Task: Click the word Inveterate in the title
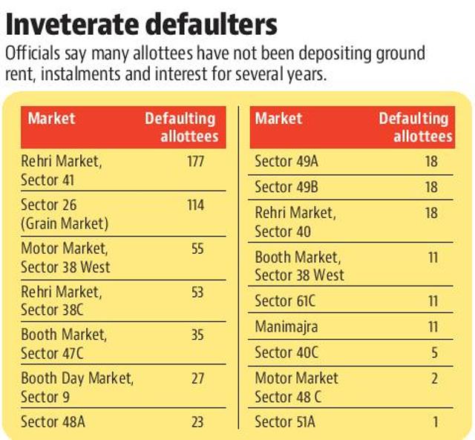tap(73, 24)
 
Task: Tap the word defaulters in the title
tap(211, 24)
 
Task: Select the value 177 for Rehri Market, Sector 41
tap(195, 161)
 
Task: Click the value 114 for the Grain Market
tap(195, 206)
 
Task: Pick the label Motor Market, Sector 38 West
tap(65, 257)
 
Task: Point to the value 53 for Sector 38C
tap(197, 292)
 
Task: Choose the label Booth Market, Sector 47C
tap(64, 344)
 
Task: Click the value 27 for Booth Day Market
tap(197, 379)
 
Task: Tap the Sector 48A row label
tap(53, 422)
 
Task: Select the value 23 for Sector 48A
tap(197, 422)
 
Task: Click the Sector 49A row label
tap(286, 161)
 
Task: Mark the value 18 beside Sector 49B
tap(431, 187)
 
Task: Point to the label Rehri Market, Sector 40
tap(295, 222)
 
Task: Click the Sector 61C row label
tap(285, 301)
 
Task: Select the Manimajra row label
tap(286, 327)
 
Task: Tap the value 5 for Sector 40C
tap(434, 352)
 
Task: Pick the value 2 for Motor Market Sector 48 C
tap(434, 378)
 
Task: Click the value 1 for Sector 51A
tap(436, 422)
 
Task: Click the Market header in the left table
tap(51, 119)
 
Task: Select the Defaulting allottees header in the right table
tap(416, 127)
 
